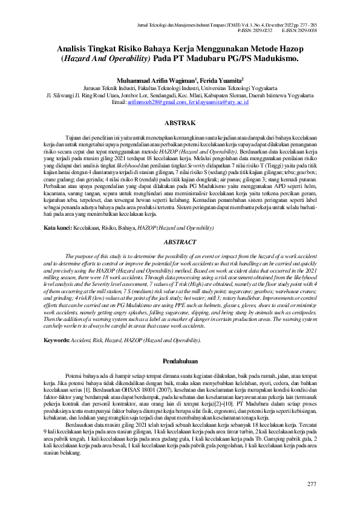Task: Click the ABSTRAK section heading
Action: tap(180, 123)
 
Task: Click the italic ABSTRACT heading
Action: tap(180, 225)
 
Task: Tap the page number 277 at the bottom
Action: tap(312, 484)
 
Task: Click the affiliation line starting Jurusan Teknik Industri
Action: tap(180, 87)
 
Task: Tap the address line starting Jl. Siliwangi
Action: tap(180, 96)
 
